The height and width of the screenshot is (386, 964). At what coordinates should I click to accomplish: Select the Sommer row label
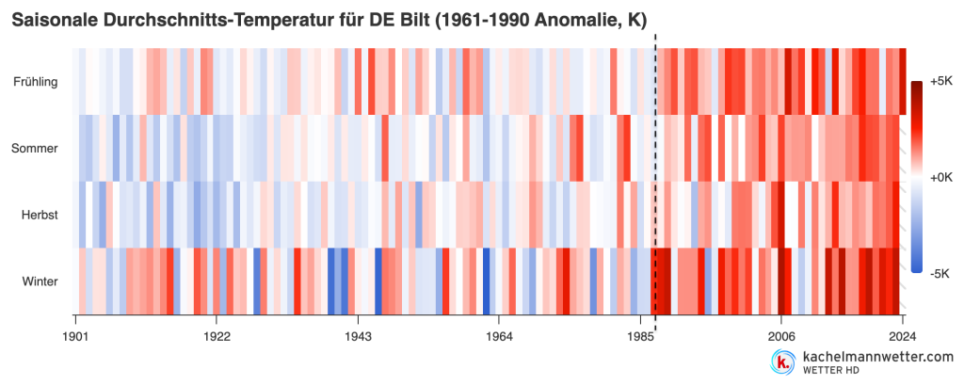coord(35,148)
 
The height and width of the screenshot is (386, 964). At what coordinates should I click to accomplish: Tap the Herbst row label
coord(40,216)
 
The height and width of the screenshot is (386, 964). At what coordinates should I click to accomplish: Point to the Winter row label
coord(40,282)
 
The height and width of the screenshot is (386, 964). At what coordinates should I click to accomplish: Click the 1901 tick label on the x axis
coord(75,337)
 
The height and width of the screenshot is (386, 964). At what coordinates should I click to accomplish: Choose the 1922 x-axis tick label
coord(217,337)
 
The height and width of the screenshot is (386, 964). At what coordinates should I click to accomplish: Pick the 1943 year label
coord(358,337)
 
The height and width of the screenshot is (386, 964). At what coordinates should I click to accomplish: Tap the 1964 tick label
coord(499,337)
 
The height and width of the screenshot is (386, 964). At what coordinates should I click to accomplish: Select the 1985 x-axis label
coord(640,337)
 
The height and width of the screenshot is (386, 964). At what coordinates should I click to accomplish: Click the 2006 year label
coord(780,337)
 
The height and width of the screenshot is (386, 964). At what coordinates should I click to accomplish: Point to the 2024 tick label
coord(902,337)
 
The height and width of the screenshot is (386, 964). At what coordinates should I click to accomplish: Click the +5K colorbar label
coord(941,82)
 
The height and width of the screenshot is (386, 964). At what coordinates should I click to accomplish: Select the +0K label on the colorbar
coord(941,178)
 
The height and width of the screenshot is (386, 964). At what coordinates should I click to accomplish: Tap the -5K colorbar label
coord(940,274)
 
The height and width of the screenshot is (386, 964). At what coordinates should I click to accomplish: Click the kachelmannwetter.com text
coord(878,357)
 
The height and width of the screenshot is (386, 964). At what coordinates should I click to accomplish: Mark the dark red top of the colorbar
coord(916,85)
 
